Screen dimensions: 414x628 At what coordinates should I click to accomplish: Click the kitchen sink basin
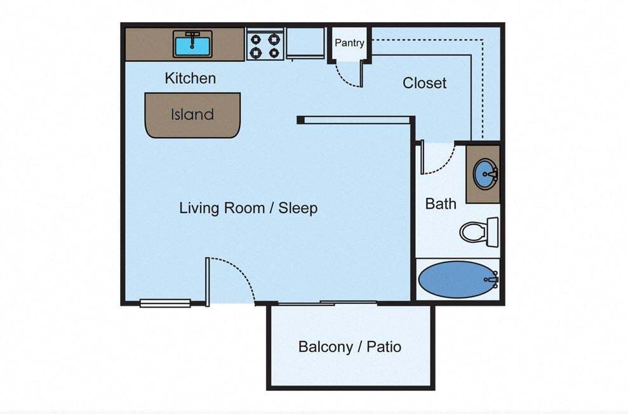point(192,45)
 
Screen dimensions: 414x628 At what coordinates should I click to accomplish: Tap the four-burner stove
point(265,44)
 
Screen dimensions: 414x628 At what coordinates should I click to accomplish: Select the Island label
point(192,115)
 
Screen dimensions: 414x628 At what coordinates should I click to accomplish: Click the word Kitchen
point(190,78)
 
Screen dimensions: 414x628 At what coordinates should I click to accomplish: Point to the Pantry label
point(349,43)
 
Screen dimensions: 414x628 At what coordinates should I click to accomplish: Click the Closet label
point(424,83)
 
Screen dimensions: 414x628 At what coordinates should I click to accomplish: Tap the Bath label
point(440,204)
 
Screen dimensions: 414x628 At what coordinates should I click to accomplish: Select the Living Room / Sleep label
point(248,208)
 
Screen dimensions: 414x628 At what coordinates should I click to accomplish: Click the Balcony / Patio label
point(349,347)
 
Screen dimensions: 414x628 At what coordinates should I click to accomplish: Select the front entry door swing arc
point(241,273)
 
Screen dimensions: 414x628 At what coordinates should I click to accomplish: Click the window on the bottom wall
point(165,303)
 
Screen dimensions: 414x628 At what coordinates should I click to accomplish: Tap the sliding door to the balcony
point(327,303)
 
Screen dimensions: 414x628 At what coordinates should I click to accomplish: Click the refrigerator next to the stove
point(305,43)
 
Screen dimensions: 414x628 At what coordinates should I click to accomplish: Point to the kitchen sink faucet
point(192,36)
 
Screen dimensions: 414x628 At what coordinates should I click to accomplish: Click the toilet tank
point(492,231)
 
